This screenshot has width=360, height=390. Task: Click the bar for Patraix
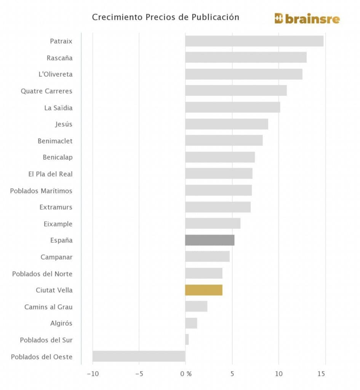pyautogui.click(x=254, y=41)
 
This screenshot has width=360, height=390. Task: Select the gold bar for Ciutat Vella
pyautogui.click(x=204, y=290)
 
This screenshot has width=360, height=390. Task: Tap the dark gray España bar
pyautogui.click(x=210, y=240)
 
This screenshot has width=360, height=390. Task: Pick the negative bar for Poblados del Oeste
pyautogui.click(x=139, y=356)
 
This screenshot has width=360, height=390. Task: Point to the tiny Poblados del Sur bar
pyautogui.click(x=187, y=340)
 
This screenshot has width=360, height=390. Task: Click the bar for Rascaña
pyautogui.click(x=246, y=58)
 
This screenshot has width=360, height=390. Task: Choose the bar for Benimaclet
pyautogui.click(x=224, y=141)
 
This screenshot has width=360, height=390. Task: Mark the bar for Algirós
pyautogui.click(x=191, y=323)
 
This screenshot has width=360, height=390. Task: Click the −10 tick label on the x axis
pyautogui.click(x=93, y=374)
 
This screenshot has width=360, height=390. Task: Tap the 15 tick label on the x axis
pyautogui.click(x=322, y=374)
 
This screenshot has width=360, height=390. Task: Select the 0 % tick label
pyautogui.click(x=186, y=374)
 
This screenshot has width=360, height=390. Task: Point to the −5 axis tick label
pyautogui.click(x=139, y=374)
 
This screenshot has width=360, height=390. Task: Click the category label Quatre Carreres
pyautogui.click(x=46, y=91)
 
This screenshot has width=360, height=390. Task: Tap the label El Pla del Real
pyautogui.click(x=50, y=174)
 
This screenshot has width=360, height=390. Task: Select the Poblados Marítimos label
pyautogui.click(x=41, y=191)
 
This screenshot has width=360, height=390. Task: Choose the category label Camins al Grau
pyautogui.click(x=48, y=307)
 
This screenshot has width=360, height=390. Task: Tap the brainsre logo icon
pyautogui.click(x=279, y=19)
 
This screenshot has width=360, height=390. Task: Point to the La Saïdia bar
pyautogui.click(x=232, y=107)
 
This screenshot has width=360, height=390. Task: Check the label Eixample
pyautogui.click(x=58, y=224)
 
